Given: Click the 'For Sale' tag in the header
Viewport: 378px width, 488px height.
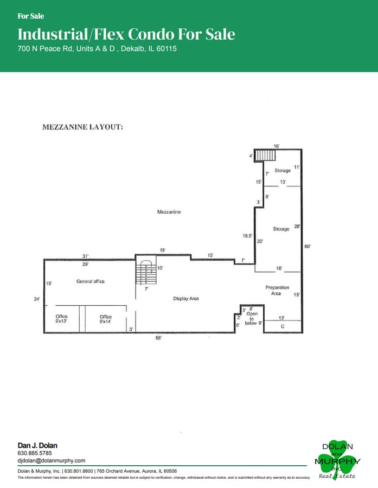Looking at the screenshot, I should coord(31,16).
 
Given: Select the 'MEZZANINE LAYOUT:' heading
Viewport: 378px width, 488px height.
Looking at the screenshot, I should coord(83,127).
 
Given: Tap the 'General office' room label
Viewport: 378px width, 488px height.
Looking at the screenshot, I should coord(90,281).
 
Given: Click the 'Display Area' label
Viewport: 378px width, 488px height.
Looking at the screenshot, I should coord(186,299).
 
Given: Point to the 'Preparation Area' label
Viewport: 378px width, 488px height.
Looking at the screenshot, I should coord(277,290).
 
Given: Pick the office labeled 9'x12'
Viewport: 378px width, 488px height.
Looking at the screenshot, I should coord(61,319).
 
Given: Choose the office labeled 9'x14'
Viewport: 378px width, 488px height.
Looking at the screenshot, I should coord(105,319).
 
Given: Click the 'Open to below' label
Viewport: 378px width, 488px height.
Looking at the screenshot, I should coord(252,318).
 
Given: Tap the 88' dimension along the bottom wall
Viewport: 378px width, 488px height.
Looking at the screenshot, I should coord(158,338).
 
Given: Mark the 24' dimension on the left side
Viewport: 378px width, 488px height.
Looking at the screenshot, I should coord(36,299).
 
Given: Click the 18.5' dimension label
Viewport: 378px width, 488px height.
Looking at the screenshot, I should coord(247,236).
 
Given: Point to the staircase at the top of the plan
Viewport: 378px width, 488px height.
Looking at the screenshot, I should coord(266,155).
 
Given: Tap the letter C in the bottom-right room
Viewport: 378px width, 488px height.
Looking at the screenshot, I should coord(283,326).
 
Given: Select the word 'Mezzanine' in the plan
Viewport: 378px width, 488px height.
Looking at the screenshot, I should coord(169,212).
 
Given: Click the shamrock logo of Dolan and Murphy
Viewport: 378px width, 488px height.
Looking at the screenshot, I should coord(337,460).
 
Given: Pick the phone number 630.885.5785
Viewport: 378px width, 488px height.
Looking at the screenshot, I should coord(35,453).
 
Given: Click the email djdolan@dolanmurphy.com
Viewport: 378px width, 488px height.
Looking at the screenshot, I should coord(52,460).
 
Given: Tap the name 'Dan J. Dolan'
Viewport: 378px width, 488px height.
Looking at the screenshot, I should coord(37,445).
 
